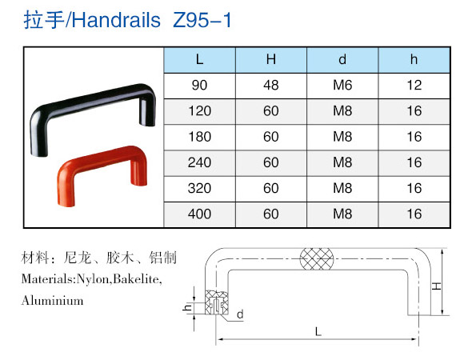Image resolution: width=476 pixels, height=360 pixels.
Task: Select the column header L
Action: coord(199,59)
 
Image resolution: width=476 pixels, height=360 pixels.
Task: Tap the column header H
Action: coord(270,59)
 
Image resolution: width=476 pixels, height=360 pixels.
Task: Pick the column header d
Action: coord(342,59)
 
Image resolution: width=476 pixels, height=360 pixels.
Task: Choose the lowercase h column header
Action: coord(414,59)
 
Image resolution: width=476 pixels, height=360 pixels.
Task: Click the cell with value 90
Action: coord(199,86)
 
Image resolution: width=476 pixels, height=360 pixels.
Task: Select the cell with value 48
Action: coord(270,86)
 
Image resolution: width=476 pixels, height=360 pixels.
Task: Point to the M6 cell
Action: coord(342,86)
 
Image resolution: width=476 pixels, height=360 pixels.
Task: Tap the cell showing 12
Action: coord(414,86)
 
